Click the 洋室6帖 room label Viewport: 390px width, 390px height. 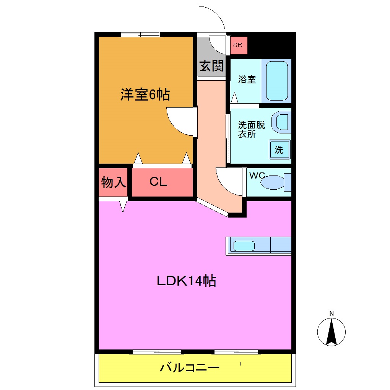[x=145, y=94]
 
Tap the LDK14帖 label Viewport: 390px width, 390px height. [x=187, y=281]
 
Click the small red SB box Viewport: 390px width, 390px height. [x=238, y=45]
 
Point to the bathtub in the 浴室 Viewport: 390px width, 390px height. [x=276, y=81]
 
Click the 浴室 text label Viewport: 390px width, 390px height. [x=247, y=80]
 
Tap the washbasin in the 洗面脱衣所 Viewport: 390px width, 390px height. [x=281, y=122]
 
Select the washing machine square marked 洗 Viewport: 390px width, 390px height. [x=279, y=149]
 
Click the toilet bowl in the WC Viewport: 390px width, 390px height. [x=272, y=182]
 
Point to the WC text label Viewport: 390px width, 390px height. [x=257, y=175]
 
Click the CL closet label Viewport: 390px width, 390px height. [x=158, y=182]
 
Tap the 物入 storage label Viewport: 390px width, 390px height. [x=113, y=182]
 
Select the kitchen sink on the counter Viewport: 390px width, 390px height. [x=244, y=245]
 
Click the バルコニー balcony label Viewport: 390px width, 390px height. [x=190, y=368]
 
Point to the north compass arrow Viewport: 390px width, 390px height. [x=331, y=331]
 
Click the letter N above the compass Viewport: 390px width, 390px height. [x=331, y=314]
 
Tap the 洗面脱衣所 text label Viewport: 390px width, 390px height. [x=251, y=130]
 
